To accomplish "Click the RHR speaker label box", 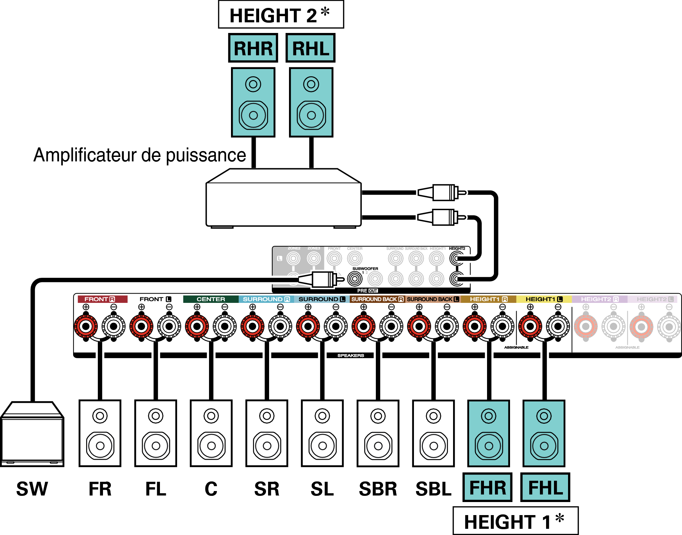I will [x=253, y=48].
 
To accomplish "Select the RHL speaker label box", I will [x=310, y=48].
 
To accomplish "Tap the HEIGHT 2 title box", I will [x=281, y=15].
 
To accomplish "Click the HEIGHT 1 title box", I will [x=515, y=521].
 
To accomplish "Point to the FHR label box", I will [x=487, y=487].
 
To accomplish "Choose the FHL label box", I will [x=545, y=487].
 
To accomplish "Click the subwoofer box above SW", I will [x=32, y=436].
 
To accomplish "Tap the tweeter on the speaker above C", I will [x=211, y=416].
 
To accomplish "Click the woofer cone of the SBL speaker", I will [x=434, y=446].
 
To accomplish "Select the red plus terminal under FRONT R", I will [x=86, y=326].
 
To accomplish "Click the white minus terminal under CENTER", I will [x=225, y=326].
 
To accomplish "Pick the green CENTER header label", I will [x=211, y=299].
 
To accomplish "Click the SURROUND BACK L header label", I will [x=432, y=299].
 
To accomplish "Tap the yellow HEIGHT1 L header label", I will [x=544, y=299].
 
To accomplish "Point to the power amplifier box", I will [x=283, y=203].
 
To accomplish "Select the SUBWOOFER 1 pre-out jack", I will [x=355, y=278].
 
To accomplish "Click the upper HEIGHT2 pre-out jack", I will [x=456, y=258].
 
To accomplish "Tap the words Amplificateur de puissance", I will [x=140, y=155].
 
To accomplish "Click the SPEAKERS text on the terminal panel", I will [x=350, y=355].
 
